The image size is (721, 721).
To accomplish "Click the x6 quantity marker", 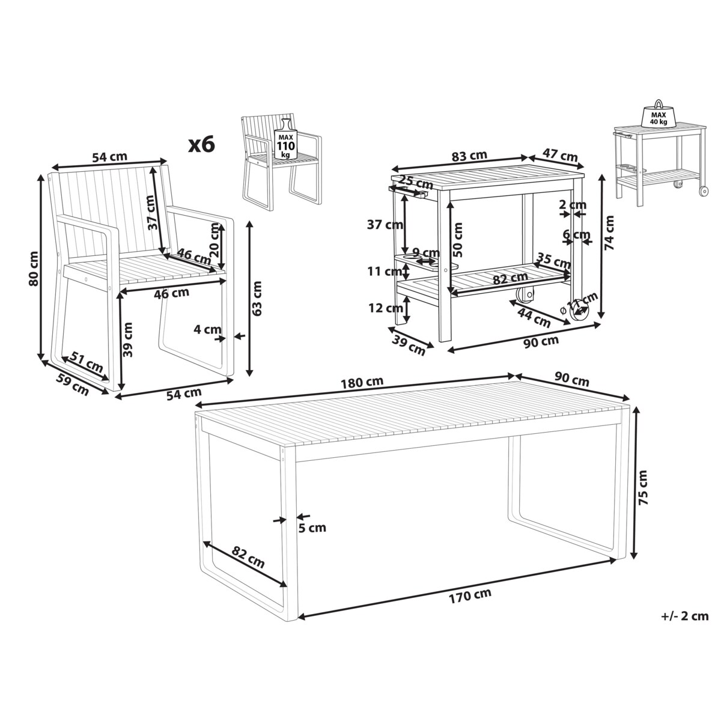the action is point(202,145).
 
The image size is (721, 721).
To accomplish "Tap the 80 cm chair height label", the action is point(34,268).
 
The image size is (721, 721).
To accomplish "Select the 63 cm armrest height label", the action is point(257,298).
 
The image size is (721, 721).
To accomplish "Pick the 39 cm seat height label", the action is point(128,339).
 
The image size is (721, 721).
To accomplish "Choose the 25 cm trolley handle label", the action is point(415,182).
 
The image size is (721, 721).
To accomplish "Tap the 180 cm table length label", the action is point(362,382).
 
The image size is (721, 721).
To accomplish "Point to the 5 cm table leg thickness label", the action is point(312,528).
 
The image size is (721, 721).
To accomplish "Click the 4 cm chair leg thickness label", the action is point(207,330).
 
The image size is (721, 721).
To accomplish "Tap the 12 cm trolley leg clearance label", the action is point(386,308).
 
